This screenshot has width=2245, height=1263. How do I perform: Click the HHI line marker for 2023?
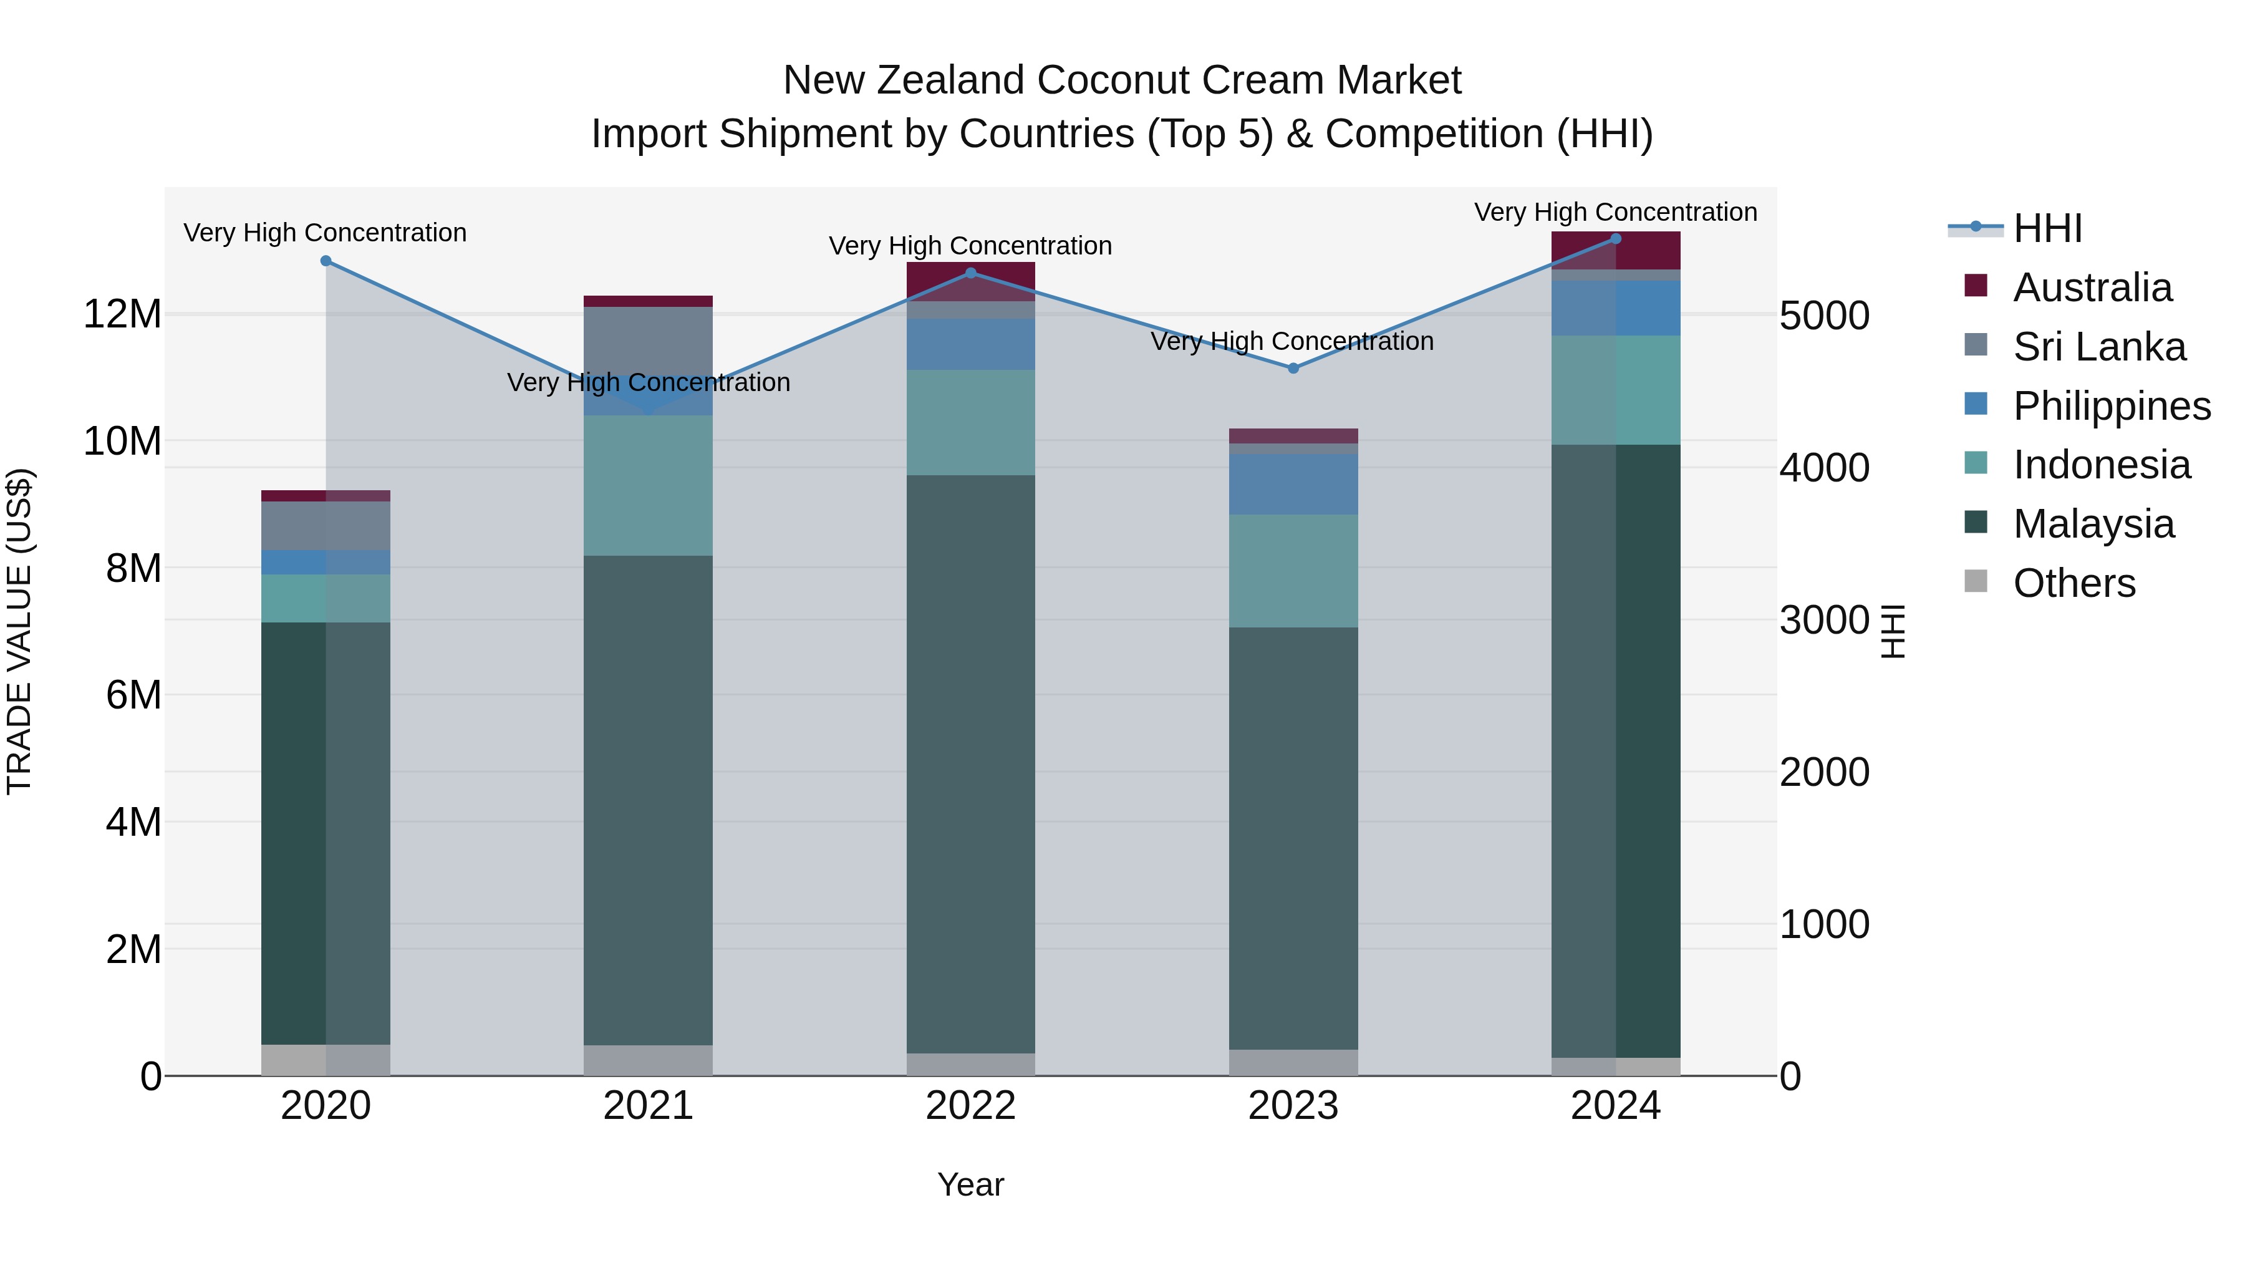point(1293,369)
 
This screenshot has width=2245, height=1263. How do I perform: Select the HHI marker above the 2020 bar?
point(326,261)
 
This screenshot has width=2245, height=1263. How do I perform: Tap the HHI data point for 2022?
point(971,273)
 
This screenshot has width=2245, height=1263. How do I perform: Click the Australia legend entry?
point(2092,288)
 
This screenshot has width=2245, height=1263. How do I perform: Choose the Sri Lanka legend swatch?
point(1976,344)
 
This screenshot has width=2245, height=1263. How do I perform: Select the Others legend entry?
point(2074,583)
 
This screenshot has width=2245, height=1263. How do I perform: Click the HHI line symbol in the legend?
point(1976,228)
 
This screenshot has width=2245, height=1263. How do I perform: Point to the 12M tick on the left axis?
point(122,314)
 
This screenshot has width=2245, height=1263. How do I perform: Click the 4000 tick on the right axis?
point(1824,468)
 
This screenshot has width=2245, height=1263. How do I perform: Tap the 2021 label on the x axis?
point(649,1106)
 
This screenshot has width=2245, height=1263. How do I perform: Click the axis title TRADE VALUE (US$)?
point(19,631)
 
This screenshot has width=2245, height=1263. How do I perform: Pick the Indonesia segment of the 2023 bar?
point(1293,571)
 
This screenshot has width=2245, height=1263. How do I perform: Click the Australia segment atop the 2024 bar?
point(1616,251)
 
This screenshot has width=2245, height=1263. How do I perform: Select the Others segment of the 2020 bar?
point(326,1060)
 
